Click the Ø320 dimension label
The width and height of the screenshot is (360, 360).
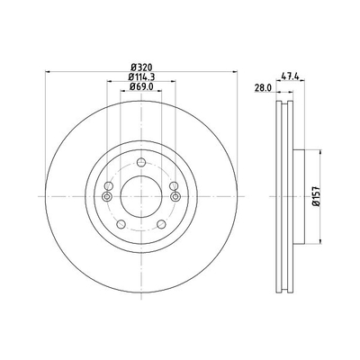point(141,67)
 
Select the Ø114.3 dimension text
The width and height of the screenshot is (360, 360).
point(141,76)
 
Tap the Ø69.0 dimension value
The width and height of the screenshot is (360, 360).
point(141,86)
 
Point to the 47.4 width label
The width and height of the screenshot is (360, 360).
point(290,76)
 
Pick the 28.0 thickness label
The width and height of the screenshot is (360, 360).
point(263,87)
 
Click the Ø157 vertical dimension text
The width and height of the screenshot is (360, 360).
point(317,196)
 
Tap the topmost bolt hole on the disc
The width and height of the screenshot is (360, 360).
point(141,163)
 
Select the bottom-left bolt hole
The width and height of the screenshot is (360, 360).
point(121,224)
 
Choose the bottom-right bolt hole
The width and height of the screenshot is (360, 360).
point(161,224)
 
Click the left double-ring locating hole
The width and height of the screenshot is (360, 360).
point(107,197)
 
